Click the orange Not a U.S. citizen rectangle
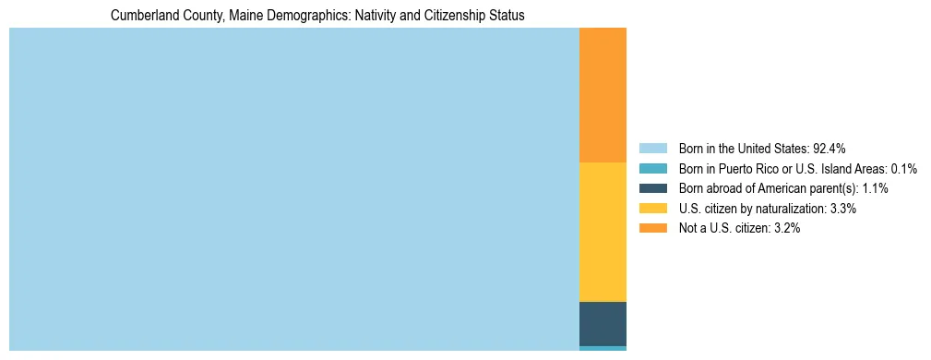tap(603, 95)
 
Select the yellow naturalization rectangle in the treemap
tap(603, 232)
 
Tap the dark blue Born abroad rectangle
tap(603, 323)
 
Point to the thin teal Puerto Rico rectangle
tap(603, 348)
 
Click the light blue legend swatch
tap(652, 148)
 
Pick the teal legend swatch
tap(652, 168)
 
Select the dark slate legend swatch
tap(652, 188)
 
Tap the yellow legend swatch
tap(652, 209)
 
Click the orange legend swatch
tap(652, 229)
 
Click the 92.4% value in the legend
tap(829, 148)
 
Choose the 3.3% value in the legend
tap(841, 209)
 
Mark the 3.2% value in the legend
tap(784, 229)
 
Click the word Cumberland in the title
tap(140, 16)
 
